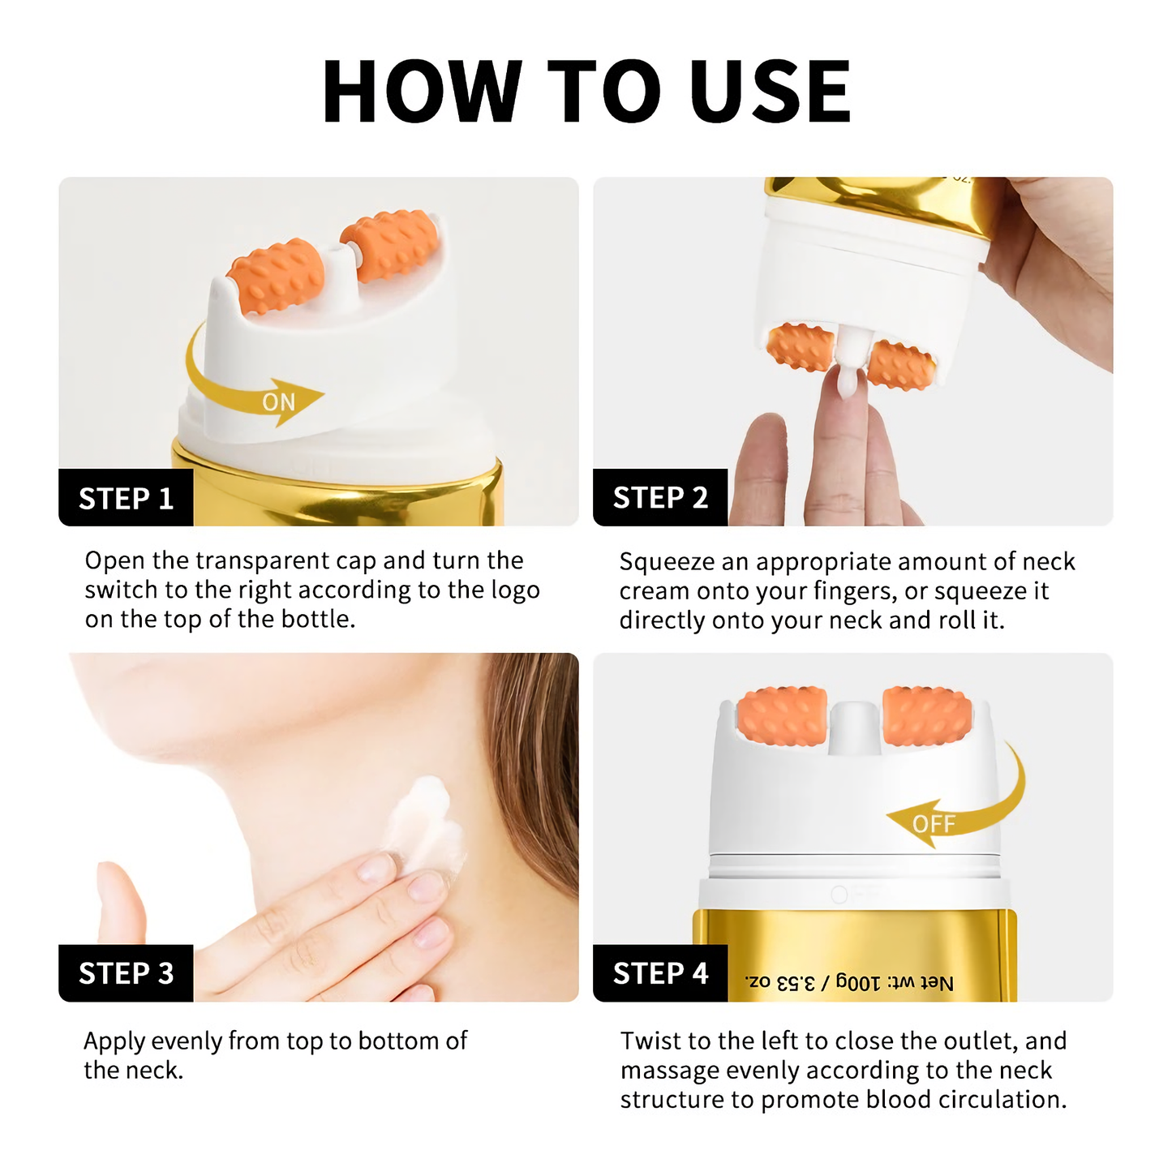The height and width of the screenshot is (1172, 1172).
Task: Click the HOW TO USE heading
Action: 586,91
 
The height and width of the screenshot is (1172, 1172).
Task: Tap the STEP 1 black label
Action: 126,498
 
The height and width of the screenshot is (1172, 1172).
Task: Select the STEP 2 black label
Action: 660,497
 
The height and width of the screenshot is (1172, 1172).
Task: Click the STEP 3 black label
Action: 126,972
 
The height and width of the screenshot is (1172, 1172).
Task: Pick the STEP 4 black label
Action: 660,972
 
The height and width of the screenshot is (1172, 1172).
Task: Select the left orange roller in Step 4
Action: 782,717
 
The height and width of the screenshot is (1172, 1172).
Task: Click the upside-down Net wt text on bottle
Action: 849,982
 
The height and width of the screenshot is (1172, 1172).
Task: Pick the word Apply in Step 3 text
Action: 114,1041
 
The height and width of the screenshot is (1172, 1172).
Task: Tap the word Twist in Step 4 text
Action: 650,1041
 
